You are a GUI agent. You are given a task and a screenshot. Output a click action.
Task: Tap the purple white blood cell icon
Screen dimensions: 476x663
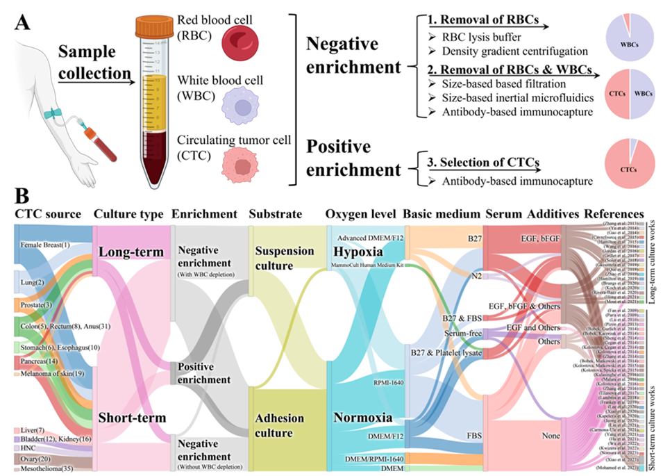[x=240, y=106]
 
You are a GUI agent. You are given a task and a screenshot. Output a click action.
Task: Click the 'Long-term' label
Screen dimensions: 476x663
[x=132, y=251]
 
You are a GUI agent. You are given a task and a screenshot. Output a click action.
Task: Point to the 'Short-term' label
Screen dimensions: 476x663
[x=131, y=418]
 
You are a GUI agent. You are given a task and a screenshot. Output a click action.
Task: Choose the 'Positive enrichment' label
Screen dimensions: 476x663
[x=204, y=373]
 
